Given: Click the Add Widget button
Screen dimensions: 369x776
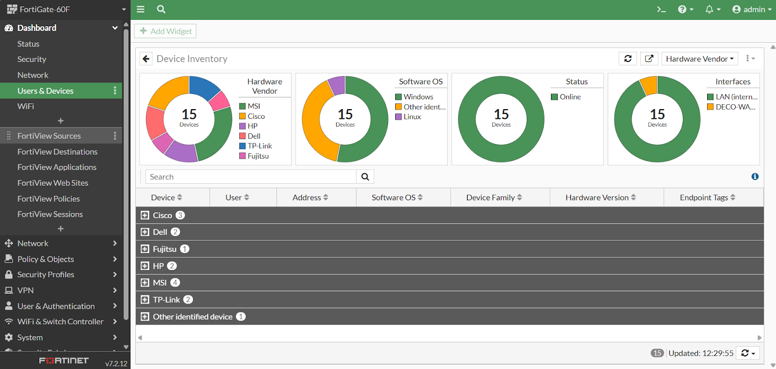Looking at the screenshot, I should coord(165,31).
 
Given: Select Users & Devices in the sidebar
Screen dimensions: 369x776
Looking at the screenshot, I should coord(45,91).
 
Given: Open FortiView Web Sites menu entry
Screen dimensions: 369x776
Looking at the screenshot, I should coord(52,183).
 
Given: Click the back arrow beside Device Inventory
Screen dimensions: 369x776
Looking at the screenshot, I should coord(146,59).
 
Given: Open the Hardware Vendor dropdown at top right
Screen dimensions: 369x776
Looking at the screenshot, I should coord(699,59).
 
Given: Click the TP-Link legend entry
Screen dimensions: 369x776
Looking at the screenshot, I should coord(259,146).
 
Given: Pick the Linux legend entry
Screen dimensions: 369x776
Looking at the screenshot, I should coord(412,117).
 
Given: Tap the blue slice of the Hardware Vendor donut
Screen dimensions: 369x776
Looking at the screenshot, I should coord(204,86).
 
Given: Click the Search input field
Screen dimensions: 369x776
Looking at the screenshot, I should coord(251,177).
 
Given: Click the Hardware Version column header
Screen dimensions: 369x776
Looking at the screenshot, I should coord(600,197).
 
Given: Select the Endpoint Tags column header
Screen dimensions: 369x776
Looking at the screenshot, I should coord(707,197).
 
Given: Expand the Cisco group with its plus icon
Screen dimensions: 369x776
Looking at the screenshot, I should coord(145,215).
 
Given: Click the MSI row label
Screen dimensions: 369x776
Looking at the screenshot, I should coord(160,283).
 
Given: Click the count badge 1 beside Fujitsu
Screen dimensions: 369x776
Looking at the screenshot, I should coord(184,249).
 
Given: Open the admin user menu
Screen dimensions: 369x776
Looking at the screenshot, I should coord(752,9).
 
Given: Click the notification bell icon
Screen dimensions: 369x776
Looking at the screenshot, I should coord(710,9).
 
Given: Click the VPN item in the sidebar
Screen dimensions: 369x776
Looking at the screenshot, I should coord(25,290).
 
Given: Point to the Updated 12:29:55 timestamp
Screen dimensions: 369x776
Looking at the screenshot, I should coord(700,353).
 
